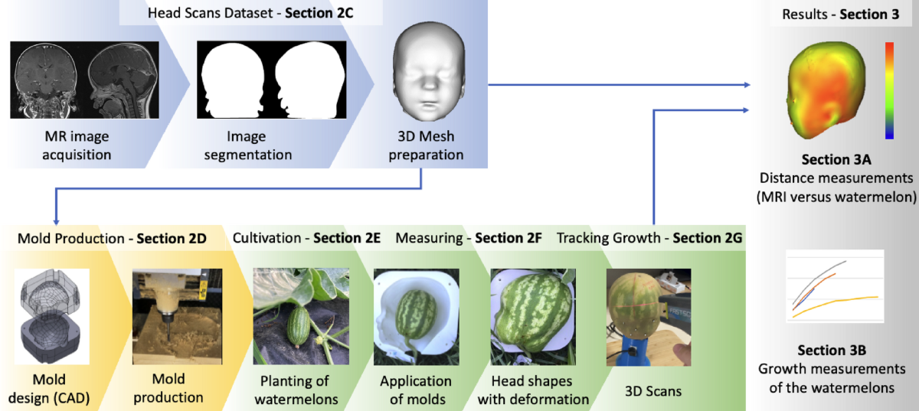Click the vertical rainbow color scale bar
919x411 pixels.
888,90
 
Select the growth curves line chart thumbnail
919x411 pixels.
831,290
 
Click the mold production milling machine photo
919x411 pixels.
170,316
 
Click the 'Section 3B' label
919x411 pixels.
831,351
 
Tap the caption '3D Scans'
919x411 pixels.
651,392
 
